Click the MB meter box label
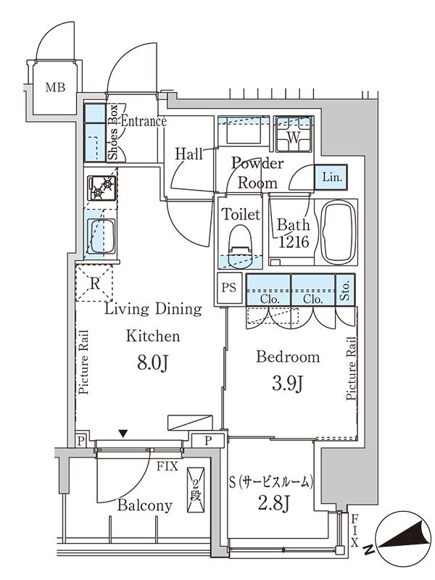click(55, 88)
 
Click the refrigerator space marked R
click(95, 283)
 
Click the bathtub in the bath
click(339, 232)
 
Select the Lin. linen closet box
click(331, 176)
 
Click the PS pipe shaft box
click(229, 286)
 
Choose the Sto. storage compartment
click(346, 291)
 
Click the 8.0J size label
click(152, 362)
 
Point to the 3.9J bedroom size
click(288, 382)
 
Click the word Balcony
click(147, 505)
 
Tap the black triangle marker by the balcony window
click(125, 434)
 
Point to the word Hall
click(189, 153)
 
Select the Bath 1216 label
click(294, 233)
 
